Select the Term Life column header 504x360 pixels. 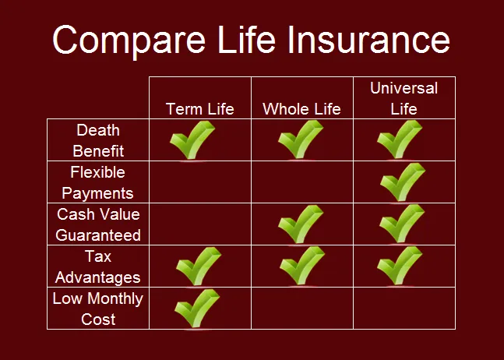coord(199,108)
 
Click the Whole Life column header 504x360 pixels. coord(301,108)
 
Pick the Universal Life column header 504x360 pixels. coord(404,98)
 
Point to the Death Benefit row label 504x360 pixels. coord(98,140)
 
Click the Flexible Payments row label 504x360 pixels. coord(98,182)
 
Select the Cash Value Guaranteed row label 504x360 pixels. coord(98,224)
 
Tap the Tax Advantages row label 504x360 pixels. coord(98,266)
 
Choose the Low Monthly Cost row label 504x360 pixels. coord(98,309)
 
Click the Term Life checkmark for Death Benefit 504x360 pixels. coord(192,140)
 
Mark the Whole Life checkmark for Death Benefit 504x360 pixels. coord(300,140)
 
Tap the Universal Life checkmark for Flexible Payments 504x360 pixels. coord(402,182)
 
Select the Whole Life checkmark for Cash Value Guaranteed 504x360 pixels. coord(300,224)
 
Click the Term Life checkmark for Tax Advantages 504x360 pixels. coord(198,266)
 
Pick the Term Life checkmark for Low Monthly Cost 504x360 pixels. coord(196,309)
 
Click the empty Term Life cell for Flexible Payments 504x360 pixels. coord(199,182)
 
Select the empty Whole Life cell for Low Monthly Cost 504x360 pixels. coord(301,309)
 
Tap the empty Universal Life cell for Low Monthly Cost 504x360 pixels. coord(404,309)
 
